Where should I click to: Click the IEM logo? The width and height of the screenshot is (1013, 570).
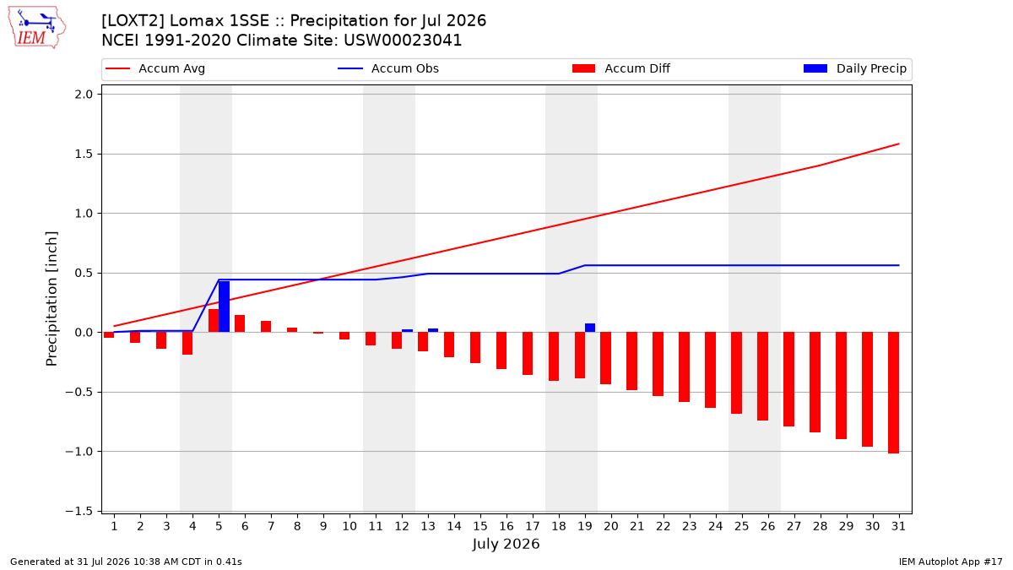(37, 28)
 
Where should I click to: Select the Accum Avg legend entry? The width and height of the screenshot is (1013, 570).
(155, 68)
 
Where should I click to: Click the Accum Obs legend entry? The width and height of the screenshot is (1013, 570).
(388, 68)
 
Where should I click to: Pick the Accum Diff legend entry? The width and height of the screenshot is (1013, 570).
(621, 68)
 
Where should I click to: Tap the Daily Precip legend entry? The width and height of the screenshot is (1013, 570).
(854, 68)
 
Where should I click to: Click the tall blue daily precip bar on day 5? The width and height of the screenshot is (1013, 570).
(224, 307)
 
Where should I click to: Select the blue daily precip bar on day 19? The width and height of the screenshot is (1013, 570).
(590, 328)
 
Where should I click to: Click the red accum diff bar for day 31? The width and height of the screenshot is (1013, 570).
(893, 393)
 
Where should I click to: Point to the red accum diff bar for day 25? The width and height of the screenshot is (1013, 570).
(736, 373)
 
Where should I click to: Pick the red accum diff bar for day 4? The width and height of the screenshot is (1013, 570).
(187, 344)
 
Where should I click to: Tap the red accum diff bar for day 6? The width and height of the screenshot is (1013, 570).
(240, 324)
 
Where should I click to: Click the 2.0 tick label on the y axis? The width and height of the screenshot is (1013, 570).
(84, 95)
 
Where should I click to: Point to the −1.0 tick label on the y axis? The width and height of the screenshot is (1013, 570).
(79, 452)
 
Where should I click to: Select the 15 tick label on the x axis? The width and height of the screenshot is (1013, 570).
(480, 526)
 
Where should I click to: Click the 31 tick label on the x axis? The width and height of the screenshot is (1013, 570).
(898, 526)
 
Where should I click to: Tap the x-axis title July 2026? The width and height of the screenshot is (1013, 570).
(506, 544)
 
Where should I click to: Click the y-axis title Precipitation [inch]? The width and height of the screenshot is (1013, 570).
(51, 299)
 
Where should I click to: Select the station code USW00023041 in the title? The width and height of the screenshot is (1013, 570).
(403, 41)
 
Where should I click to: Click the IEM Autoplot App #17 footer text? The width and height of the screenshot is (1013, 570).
(951, 562)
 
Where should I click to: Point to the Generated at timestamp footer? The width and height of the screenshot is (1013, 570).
(126, 562)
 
